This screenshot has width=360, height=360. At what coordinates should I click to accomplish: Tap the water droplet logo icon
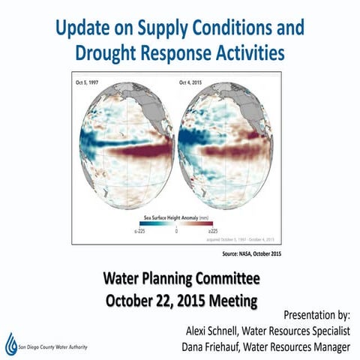coord(10,343)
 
